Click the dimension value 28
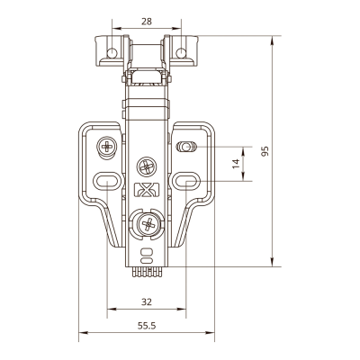coord(147,22)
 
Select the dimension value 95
coord(265,151)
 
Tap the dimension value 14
coord(237,164)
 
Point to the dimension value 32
coord(147,301)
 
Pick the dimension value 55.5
coord(147,326)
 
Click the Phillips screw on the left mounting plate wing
coord(106,147)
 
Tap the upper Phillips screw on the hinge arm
coord(147,166)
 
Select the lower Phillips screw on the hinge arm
coord(148,223)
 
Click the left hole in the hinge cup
coord(112,53)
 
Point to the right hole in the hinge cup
coord(181,53)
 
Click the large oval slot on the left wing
coord(107,181)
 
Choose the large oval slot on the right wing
coord(186,181)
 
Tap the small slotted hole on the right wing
coord(186,147)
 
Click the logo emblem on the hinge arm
coord(147,190)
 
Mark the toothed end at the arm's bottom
coord(146,272)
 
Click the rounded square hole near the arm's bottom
coord(147,251)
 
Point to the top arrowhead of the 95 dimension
coord(272,40)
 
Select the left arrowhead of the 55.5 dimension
coord(84,332)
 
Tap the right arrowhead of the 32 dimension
coord(181,309)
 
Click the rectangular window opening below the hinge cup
coord(147,76)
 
